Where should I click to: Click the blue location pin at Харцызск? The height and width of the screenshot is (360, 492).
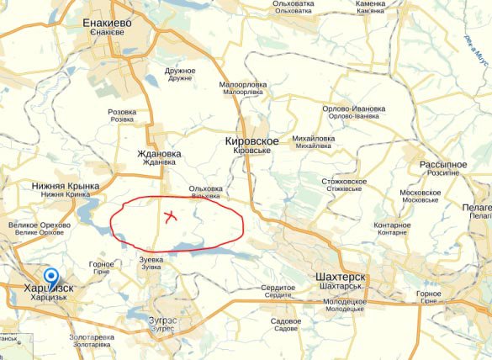pos(51,278)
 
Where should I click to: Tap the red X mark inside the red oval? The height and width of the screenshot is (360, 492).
pos(170,216)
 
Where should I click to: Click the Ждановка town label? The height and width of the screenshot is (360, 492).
pos(159,154)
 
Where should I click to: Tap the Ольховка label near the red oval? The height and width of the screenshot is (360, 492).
pos(206,188)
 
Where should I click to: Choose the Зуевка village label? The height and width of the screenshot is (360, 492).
pos(151,260)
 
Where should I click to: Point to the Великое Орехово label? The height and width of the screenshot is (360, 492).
pos(40,225)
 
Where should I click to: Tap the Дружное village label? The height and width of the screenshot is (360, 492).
pos(180,71)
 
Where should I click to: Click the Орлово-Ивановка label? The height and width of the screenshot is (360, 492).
pos(354,109)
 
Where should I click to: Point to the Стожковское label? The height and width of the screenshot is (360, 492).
pos(344,182)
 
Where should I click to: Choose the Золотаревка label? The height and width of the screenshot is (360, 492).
pos(92,337)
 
